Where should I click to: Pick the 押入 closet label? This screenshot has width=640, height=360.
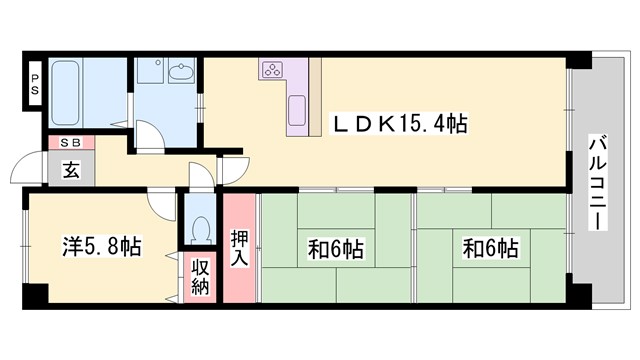pyautogui.click(x=240, y=246)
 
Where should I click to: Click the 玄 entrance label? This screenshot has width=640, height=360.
pyautogui.click(x=71, y=170)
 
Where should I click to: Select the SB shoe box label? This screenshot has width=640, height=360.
pyautogui.click(x=70, y=143)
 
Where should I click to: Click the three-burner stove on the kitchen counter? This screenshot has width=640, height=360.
pyautogui.click(x=273, y=70)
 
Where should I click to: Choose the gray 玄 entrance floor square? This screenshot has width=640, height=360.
pyautogui.click(x=71, y=171)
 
